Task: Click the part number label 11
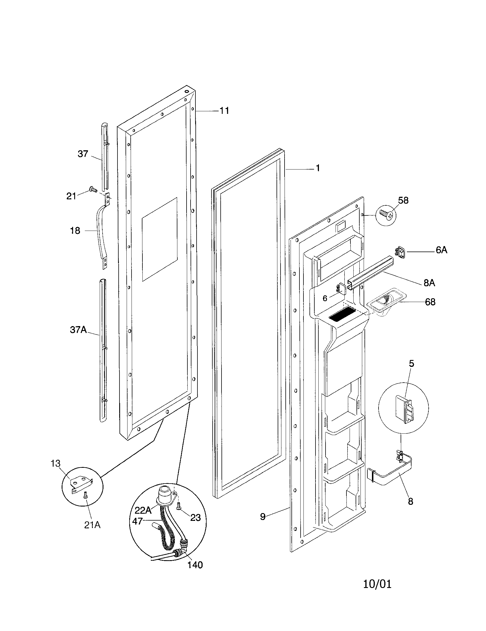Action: (x=224, y=111)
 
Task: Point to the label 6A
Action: (x=441, y=250)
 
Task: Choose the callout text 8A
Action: (x=429, y=283)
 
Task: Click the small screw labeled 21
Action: (x=93, y=189)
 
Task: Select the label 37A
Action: (x=78, y=330)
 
